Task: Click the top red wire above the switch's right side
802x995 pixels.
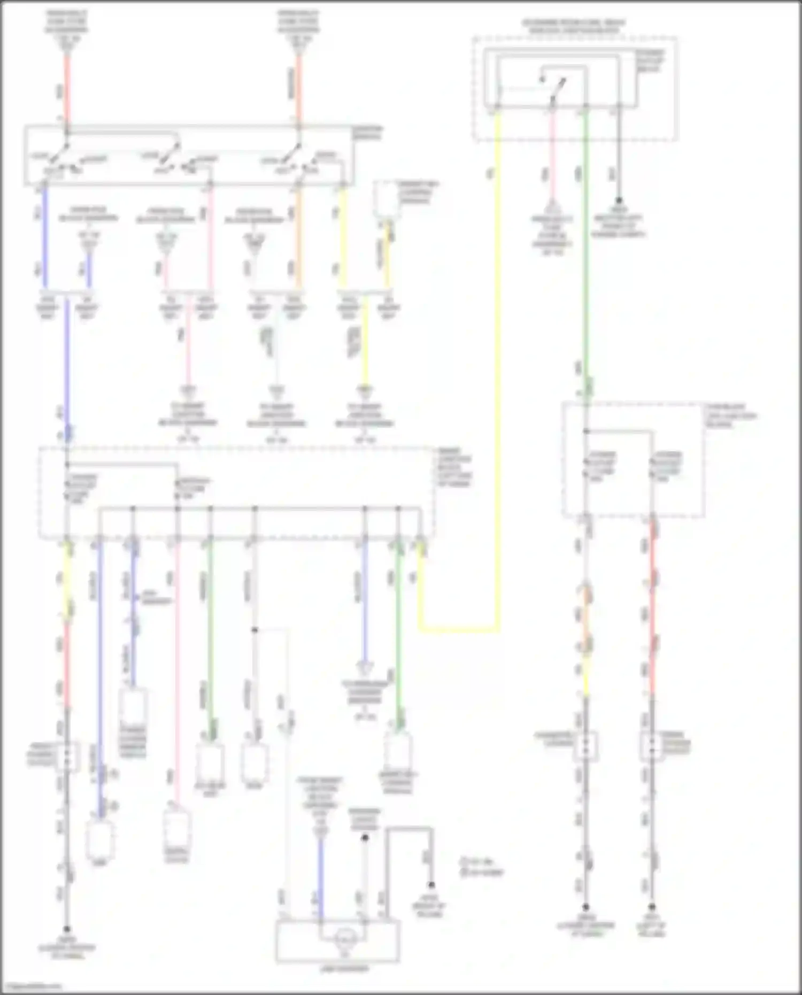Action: [x=298, y=91]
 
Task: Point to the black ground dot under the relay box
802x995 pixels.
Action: [x=619, y=200]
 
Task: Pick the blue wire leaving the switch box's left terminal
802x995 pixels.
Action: [x=45, y=235]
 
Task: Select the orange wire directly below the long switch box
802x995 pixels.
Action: [x=298, y=235]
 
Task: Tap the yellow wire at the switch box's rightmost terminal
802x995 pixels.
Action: [x=343, y=235]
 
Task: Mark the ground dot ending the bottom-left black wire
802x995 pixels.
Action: [x=67, y=930]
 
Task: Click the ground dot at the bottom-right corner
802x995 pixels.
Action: [x=652, y=907]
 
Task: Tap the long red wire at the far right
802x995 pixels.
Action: [x=652, y=615]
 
